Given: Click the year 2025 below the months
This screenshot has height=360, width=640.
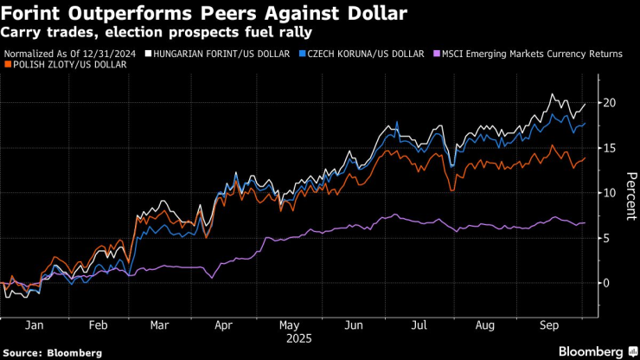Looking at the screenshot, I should click(298, 337).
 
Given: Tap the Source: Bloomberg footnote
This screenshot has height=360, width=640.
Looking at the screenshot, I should click(52, 352).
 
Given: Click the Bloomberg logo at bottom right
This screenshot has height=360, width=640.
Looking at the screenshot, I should click(593, 352).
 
